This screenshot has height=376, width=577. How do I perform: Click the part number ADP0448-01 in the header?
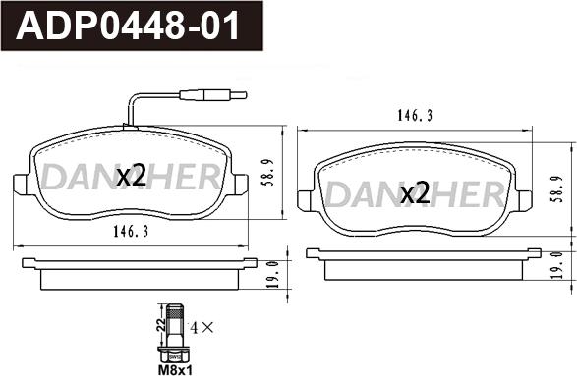point(128,26)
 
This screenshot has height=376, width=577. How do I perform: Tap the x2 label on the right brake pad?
point(415,193)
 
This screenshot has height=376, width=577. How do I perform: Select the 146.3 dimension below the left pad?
point(131,232)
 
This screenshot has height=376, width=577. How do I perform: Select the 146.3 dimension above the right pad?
point(415,116)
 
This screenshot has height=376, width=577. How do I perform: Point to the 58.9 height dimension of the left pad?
point(270,173)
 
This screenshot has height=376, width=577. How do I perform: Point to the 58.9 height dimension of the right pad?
point(556,188)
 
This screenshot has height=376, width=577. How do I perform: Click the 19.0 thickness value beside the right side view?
point(558,265)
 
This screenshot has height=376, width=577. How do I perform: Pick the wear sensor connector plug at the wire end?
point(212,95)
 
